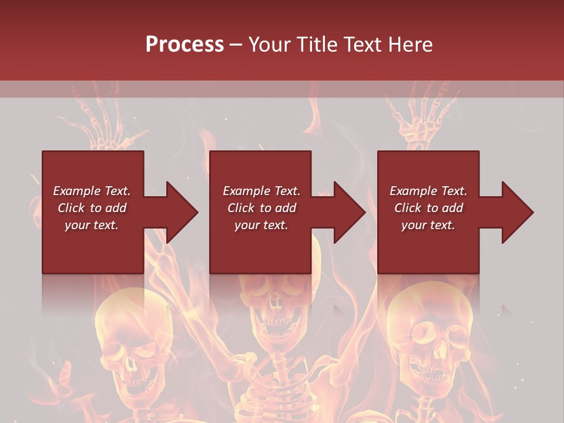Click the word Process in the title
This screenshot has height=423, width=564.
coord(184,45)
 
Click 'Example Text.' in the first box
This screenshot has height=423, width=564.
coord(92,191)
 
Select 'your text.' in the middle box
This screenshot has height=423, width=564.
coord(261,225)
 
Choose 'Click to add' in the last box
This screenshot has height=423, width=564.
coord(428,208)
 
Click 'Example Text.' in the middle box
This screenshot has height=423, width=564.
coord(261,191)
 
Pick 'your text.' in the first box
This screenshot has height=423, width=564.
coord(92,225)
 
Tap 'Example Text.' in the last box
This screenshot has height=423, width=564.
coord(428,191)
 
